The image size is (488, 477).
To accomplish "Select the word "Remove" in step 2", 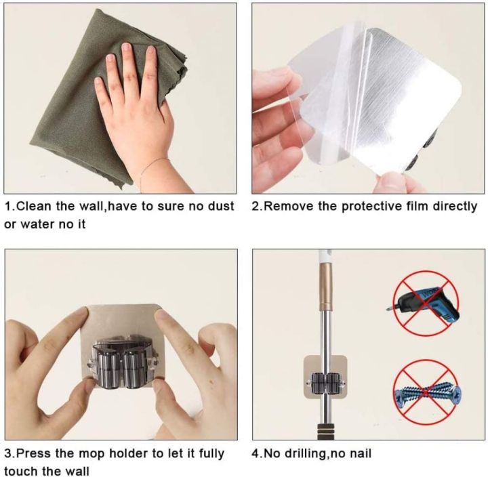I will coord(284,206).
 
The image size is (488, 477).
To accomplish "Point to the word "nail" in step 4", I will coord(357,453).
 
